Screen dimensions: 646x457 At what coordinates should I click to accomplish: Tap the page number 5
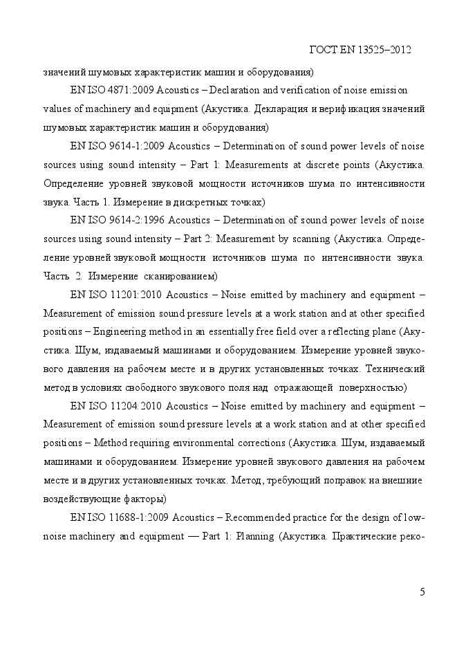422,591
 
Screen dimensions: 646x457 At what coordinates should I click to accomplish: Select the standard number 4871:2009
132,91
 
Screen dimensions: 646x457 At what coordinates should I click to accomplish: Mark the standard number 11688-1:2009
139,517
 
